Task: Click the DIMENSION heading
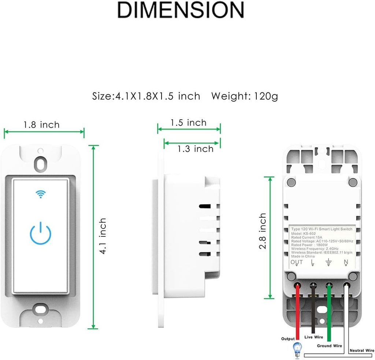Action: (180, 10)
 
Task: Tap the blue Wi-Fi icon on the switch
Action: (40, 194)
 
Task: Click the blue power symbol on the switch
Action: (40, 233)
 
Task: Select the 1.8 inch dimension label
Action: (41, 125)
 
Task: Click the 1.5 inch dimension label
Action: (188, 123)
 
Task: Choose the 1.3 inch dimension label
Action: (195, 149)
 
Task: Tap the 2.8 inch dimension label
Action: (263, 232)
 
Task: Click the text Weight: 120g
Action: (245, 96)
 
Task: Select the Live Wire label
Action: (313, 337)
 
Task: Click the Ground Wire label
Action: (329, 346)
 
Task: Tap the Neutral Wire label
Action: (362, 350)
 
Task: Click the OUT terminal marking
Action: (297, 262)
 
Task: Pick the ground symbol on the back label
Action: (328, 262)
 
